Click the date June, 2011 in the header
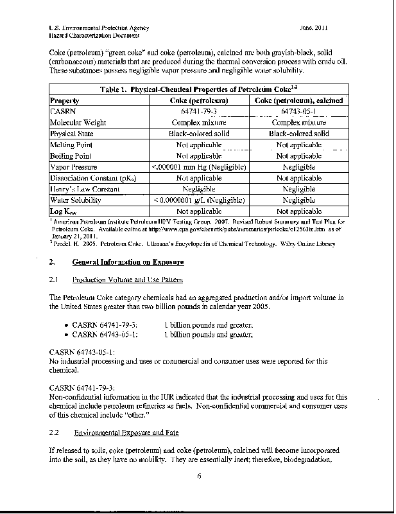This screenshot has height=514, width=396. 314,28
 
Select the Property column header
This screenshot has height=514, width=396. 64,100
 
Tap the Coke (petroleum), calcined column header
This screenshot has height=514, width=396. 299,100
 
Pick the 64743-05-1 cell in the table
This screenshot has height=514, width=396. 299,112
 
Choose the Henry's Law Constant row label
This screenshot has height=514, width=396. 82,190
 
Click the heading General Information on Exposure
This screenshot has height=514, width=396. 128,262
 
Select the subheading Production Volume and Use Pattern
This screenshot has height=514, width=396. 128,279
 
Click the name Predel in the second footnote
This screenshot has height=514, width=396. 62,244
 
